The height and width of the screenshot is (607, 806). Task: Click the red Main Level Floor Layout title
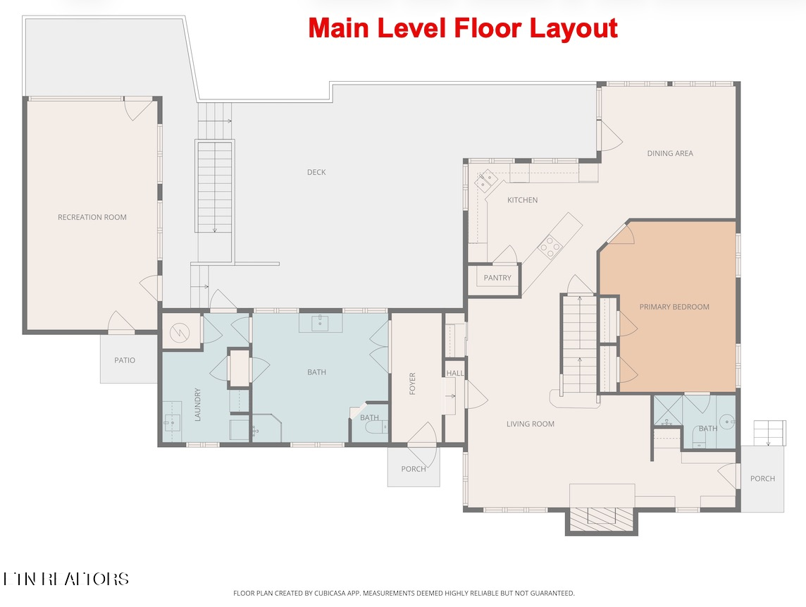[463, 28]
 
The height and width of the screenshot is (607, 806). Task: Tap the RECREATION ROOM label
[92, 217]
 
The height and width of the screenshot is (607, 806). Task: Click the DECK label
[316, 172]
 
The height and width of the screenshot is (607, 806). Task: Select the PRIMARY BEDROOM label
[674, 307]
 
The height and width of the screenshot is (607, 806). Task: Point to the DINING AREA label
[670, 153]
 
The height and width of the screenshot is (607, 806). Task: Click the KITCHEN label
[522, 200]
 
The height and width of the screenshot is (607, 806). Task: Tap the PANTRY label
[497, 278]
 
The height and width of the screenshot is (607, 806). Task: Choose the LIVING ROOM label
[531, 424]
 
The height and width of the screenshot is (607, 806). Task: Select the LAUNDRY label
[198, 405]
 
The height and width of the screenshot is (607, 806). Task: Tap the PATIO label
[125, 360]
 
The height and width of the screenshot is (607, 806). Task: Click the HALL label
[455, 374]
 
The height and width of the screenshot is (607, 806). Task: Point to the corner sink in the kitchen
[485, 182]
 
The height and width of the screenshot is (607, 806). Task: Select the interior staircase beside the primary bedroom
[579, 345]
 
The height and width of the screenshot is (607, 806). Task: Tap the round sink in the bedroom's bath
[728, 423]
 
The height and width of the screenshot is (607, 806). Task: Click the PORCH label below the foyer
[414, 469]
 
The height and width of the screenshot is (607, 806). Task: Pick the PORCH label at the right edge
[762, 479]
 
